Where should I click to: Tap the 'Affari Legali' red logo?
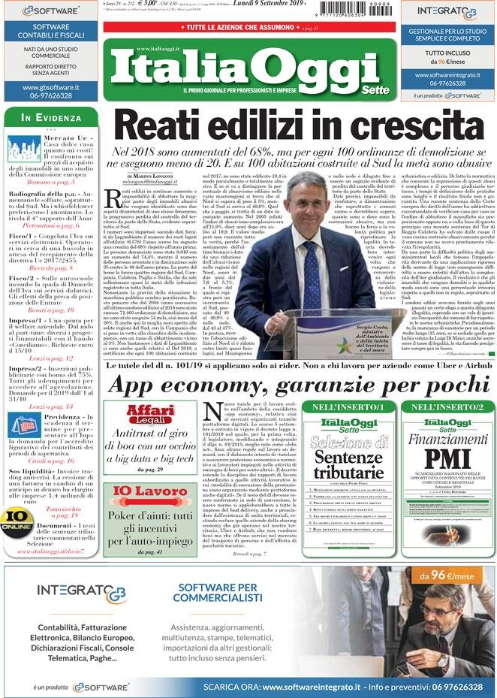tap(151, 414)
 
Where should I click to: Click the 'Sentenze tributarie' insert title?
tap(348, 464)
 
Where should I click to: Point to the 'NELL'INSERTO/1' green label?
tap(348, 406)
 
